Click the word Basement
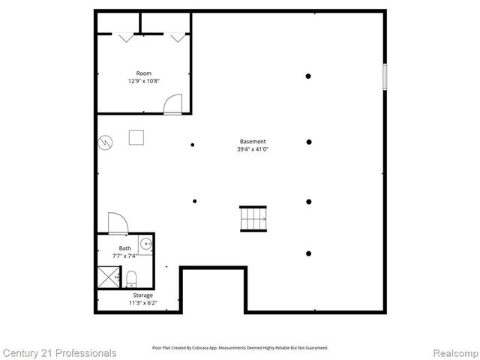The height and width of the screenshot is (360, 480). (253, 141)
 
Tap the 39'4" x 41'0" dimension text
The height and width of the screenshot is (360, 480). (253, 149)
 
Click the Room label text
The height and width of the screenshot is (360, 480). (143, 73)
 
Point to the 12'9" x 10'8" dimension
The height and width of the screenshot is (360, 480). (143, 81)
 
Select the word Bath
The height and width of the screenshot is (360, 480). (124, 248)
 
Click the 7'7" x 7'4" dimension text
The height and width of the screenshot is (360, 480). (124, 256)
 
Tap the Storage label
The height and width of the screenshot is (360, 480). (142, 295)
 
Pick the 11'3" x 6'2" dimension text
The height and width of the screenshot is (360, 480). (142, 304)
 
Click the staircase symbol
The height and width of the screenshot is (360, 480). (253, 219)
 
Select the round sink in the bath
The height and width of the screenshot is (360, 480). (146, 244)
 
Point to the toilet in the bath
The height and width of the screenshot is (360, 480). (131, 280)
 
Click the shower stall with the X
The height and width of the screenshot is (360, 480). (109, 277)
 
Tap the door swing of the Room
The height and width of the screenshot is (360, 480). (173, 103)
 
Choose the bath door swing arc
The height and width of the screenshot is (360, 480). (118, 223)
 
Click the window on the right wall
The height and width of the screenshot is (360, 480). (385, 76)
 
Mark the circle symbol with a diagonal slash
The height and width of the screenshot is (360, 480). (106, 142)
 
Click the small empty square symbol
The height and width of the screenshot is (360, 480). (136, 137)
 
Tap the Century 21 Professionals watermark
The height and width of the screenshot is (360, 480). (59, 352)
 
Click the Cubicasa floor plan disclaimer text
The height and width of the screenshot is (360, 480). (240, 348)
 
